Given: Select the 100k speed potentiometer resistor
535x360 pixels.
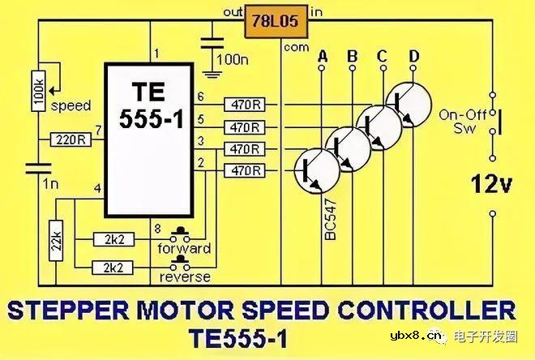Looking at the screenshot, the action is (39, 91).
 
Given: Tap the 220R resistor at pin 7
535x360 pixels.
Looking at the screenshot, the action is (71, 139).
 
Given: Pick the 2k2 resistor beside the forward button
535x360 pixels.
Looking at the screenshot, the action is (113, 239).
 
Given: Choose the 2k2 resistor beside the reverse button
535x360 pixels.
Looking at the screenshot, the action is (113, 268).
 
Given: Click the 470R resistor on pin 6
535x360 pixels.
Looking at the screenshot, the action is (245, 105).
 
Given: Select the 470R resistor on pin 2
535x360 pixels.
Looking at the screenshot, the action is (245, 170).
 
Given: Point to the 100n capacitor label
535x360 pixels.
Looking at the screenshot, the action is (233, 60).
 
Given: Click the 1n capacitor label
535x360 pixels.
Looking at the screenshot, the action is (50, 184).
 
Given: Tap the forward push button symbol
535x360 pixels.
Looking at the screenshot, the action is (180, 234).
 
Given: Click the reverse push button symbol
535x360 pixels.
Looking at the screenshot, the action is (180, 263).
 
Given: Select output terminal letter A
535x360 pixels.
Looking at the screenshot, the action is (322, 56).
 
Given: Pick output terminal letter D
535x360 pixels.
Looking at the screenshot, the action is (414, 56).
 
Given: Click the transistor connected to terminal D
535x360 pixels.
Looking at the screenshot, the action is (409, 105).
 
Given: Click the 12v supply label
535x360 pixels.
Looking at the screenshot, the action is (492, 184).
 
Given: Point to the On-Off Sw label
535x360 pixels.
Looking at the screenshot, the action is (463, 122).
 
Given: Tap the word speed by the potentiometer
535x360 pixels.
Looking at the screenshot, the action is (71, 106).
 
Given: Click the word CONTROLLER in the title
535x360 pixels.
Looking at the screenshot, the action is (426, 311).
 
